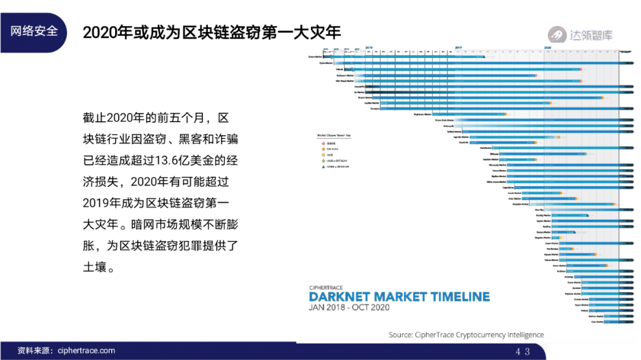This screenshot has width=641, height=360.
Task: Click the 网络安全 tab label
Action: [x=34, y=31]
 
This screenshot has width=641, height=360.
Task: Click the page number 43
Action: [x=523, y=351]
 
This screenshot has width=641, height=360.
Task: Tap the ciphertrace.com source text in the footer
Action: [x=87, y=351]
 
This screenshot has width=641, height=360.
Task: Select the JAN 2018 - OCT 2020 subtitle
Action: [x=349, y=308]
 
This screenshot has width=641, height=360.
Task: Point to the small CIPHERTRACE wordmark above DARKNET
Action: [x=326, y=287]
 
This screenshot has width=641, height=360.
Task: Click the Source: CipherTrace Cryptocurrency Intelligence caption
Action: [x=466, y=334]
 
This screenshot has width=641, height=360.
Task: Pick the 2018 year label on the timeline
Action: [x=369, y=47]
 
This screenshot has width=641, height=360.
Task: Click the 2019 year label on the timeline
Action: [x=459, y=47]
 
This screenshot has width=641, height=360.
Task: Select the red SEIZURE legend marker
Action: [x=323, y=143]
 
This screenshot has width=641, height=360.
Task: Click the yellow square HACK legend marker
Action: [x=323, y=155]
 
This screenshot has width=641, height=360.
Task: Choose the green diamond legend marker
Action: [x=323, y=161]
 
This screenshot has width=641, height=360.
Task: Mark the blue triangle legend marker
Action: [x=323, y=167]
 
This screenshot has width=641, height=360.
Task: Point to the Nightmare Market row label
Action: [x=423, y=114]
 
